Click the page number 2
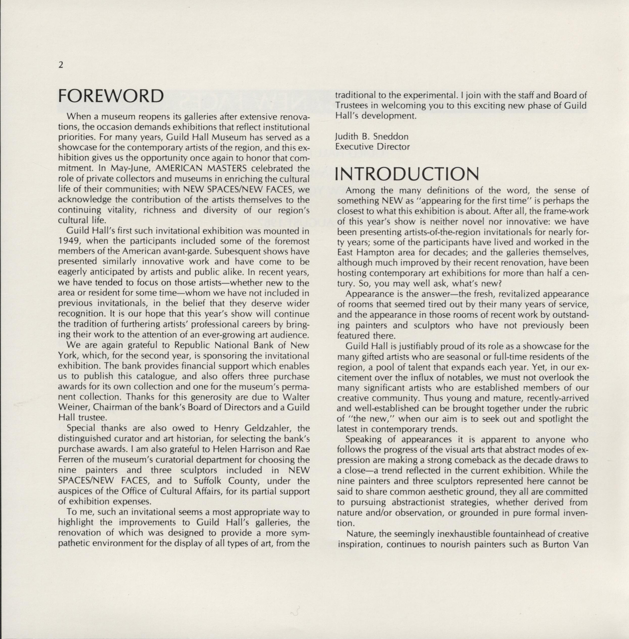60,65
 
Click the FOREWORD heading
111,96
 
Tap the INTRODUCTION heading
407,174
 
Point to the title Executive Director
372,147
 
